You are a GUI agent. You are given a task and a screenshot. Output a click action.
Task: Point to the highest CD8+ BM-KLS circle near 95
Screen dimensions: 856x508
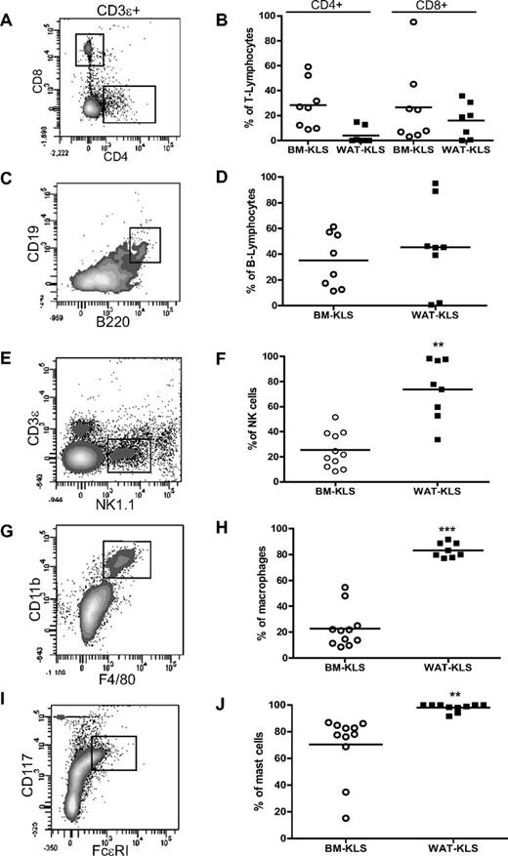click(x=414, y=21)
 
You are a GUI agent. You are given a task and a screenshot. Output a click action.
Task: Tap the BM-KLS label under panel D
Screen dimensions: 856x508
click(x=339, y=314)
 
